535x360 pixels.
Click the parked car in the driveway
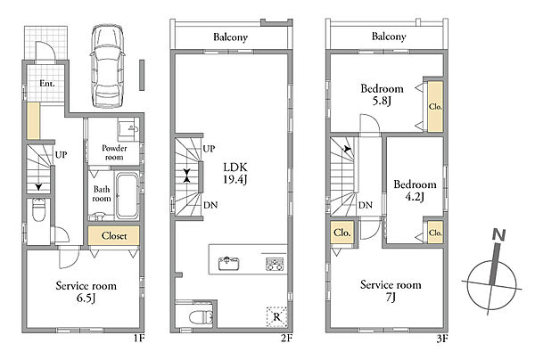coord(108,66)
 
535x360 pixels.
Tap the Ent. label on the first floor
coord(47,83)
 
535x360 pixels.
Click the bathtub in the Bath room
coord(127,196)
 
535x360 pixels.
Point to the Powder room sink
coord(128,129)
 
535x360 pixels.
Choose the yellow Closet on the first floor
coord(113,235)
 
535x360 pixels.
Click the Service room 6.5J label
coord(86,291)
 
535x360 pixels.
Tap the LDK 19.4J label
coord(235,173)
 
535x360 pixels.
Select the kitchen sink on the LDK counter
coord(228,263)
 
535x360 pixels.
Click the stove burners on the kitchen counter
coord(276,264)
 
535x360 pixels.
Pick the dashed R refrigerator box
coord(276,317)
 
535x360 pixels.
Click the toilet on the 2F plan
coord(201,317)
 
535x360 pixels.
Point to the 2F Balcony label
coord(230,37)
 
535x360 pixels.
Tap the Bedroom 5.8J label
coord(383,94)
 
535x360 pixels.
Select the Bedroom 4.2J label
coord(415,191)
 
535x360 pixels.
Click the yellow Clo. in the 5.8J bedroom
coord(435,106)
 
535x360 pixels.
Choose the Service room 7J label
coord(391,290)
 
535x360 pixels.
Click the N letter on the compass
coord(498,235)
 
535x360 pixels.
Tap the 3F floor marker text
coord(442,339)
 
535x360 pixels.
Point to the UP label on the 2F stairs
coord(209,149)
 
